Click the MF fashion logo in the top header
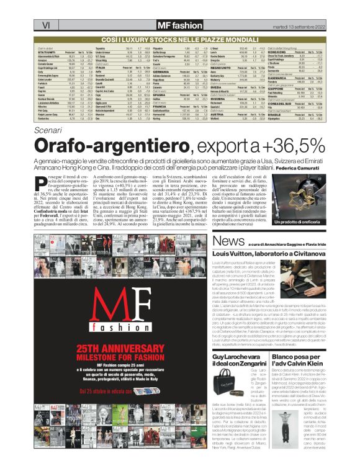click(179, 25)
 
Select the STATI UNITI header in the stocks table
click(48, 52)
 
